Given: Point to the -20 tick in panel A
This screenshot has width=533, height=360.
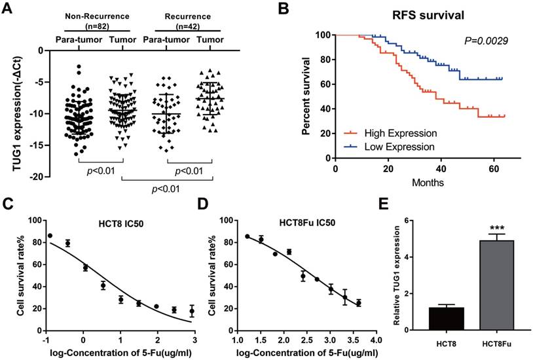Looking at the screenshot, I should [33, 177].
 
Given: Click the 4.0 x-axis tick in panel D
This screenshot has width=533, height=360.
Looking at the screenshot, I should [375, 341].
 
